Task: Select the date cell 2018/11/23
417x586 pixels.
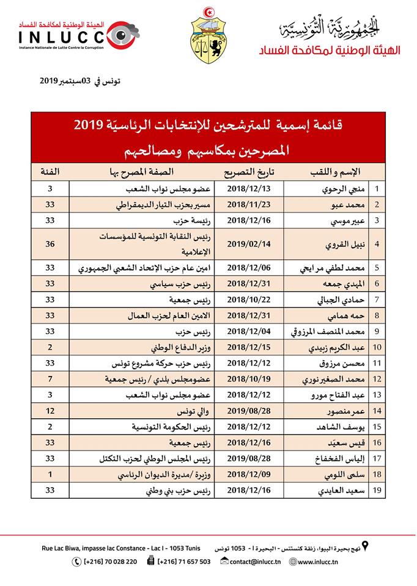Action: [253, 204]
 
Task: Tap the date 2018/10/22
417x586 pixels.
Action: [253, 299]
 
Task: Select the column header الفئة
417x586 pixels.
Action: [50, 170]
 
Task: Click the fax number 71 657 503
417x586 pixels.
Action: [183, 561]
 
